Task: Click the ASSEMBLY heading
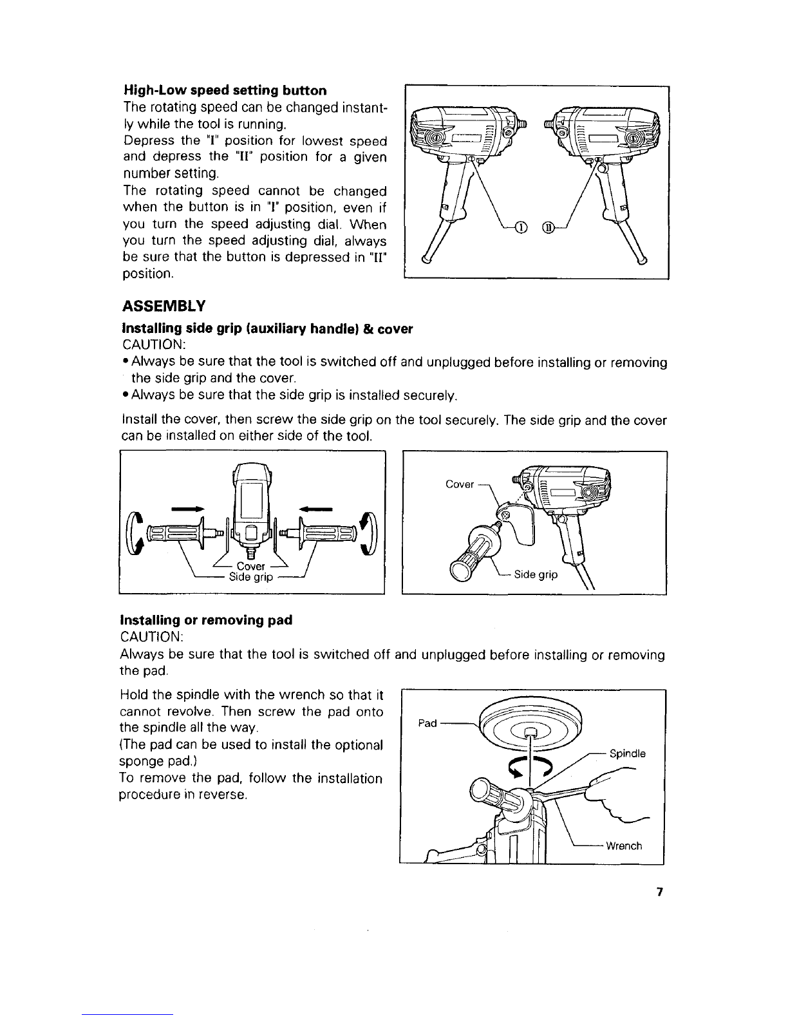point(164,306)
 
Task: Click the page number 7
point(659,891)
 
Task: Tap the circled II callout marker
point(548,228)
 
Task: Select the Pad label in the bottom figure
point(427,723)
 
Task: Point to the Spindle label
point(628,753)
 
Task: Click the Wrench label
point(624,846)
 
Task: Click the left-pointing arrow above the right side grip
point(316,509)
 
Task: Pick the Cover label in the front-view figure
point(251,566)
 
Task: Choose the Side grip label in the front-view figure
point(251,577)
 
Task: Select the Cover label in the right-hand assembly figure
point(460,484)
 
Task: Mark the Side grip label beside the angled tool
point(536,574)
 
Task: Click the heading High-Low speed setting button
point(225,90)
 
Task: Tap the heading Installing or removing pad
point(207,620)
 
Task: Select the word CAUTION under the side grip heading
point(154,345)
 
